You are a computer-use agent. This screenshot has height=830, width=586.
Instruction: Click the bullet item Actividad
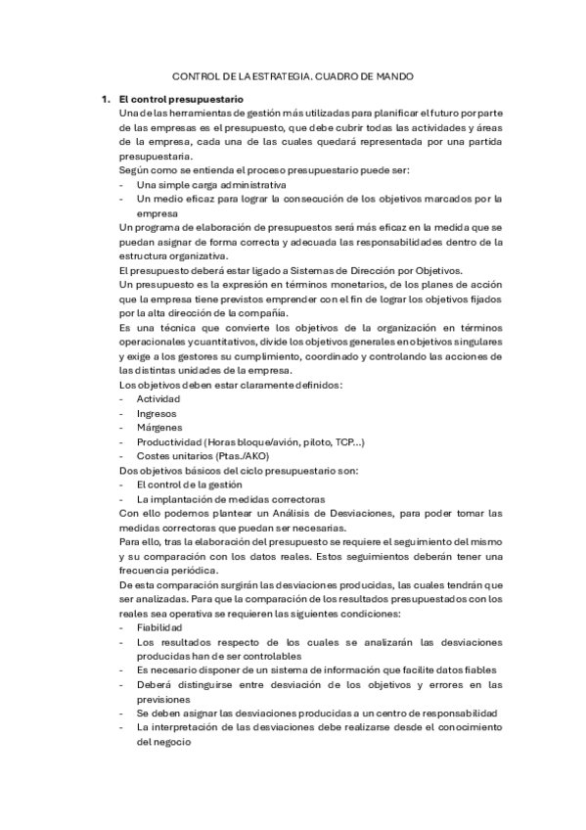pos(159,398)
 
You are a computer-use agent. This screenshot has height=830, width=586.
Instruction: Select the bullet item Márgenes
pos(160,428)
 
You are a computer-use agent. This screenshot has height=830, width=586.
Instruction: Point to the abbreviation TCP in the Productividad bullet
pos(342,442)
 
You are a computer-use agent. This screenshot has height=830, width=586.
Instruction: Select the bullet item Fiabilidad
pos(159,627)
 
